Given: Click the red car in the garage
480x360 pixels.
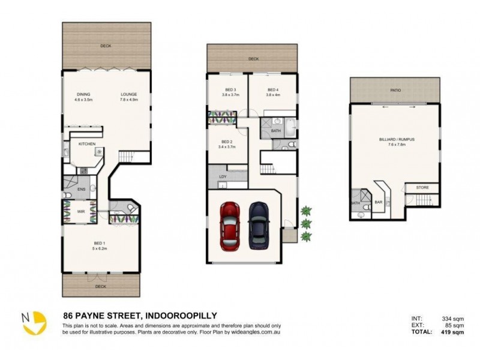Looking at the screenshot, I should coord(230,226).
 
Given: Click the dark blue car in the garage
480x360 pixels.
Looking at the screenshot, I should coord(258,222).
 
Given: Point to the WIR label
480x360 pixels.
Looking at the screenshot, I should coord(81,211).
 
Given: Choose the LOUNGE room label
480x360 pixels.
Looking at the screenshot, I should coord(129,94).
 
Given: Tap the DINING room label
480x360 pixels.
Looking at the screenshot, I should coord(83,94).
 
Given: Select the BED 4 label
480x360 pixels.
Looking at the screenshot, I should coord(273,89).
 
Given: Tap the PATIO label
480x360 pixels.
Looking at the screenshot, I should coord(395,90).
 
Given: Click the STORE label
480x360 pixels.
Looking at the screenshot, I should coord(423,188).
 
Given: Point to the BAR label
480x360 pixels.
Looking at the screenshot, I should coord(379,202).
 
